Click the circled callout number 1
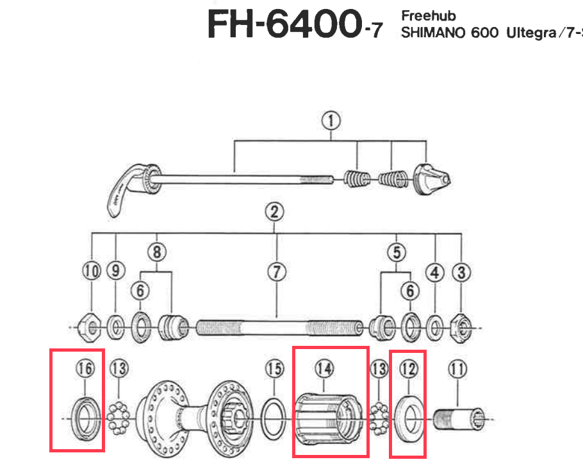point(331,120)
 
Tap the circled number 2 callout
point(275,212)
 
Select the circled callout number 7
point(276,272)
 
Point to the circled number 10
point(92,272)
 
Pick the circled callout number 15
point(274,369)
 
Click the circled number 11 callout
point(457,369)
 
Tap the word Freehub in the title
point(429,15)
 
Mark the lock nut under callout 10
point(91,327)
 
